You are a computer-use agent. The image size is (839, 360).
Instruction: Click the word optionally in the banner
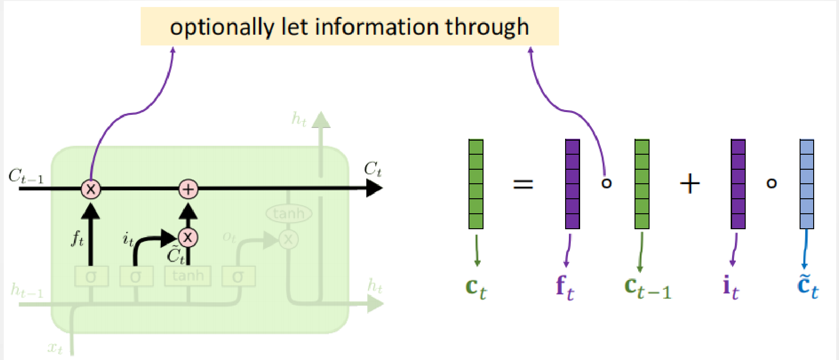point(222,27)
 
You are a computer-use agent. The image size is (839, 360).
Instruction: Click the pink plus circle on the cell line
point(189,189)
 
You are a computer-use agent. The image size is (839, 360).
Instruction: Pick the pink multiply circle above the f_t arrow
point(91,189)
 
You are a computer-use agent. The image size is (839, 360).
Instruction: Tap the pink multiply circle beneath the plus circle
point(188,238)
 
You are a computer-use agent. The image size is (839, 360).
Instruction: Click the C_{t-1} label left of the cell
point(26,177)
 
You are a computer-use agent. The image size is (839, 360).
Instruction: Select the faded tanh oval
point(289,214)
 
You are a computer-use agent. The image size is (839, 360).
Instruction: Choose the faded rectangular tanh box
point(188,276)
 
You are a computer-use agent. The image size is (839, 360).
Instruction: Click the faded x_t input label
point(55,348)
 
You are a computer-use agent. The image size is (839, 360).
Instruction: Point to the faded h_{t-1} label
point(27,291)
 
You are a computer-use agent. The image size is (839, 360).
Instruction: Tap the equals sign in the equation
point(523,183)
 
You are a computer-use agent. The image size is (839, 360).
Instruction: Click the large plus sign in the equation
point(690,183)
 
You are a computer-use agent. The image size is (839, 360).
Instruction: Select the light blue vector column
point(807,184)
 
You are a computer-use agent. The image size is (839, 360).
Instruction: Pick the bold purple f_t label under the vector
point(565,287)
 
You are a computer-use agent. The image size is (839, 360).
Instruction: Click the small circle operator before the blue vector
point(771,183)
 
